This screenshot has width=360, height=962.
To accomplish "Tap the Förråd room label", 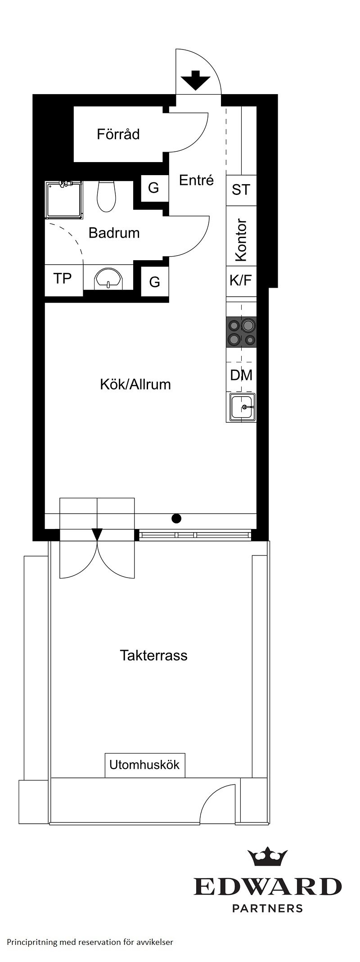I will click(x=118, y=134).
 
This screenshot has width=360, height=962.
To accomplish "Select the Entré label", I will click(x=196, y=180).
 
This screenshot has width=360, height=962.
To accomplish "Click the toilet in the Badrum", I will click(x=106, y=196).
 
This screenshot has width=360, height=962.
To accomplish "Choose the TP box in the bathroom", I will click(x=63, y=279).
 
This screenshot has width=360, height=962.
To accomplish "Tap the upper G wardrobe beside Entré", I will click(x=153, y=188).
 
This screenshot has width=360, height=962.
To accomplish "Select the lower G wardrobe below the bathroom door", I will click(x=154, y=282).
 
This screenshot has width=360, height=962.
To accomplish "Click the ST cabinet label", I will click(x=241, y=190).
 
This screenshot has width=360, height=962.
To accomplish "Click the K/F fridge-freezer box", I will click(x=241, y=280).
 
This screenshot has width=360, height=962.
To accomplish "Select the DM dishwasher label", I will click(x=241, y=375).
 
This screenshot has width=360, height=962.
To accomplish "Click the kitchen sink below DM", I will click(x=242, y=407).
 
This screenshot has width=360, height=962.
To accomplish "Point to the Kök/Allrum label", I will click(x=135, y=384).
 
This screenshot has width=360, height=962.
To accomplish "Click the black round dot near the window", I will click(x=177, y=518).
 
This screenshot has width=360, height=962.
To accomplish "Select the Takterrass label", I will click(x=153, y=655).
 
